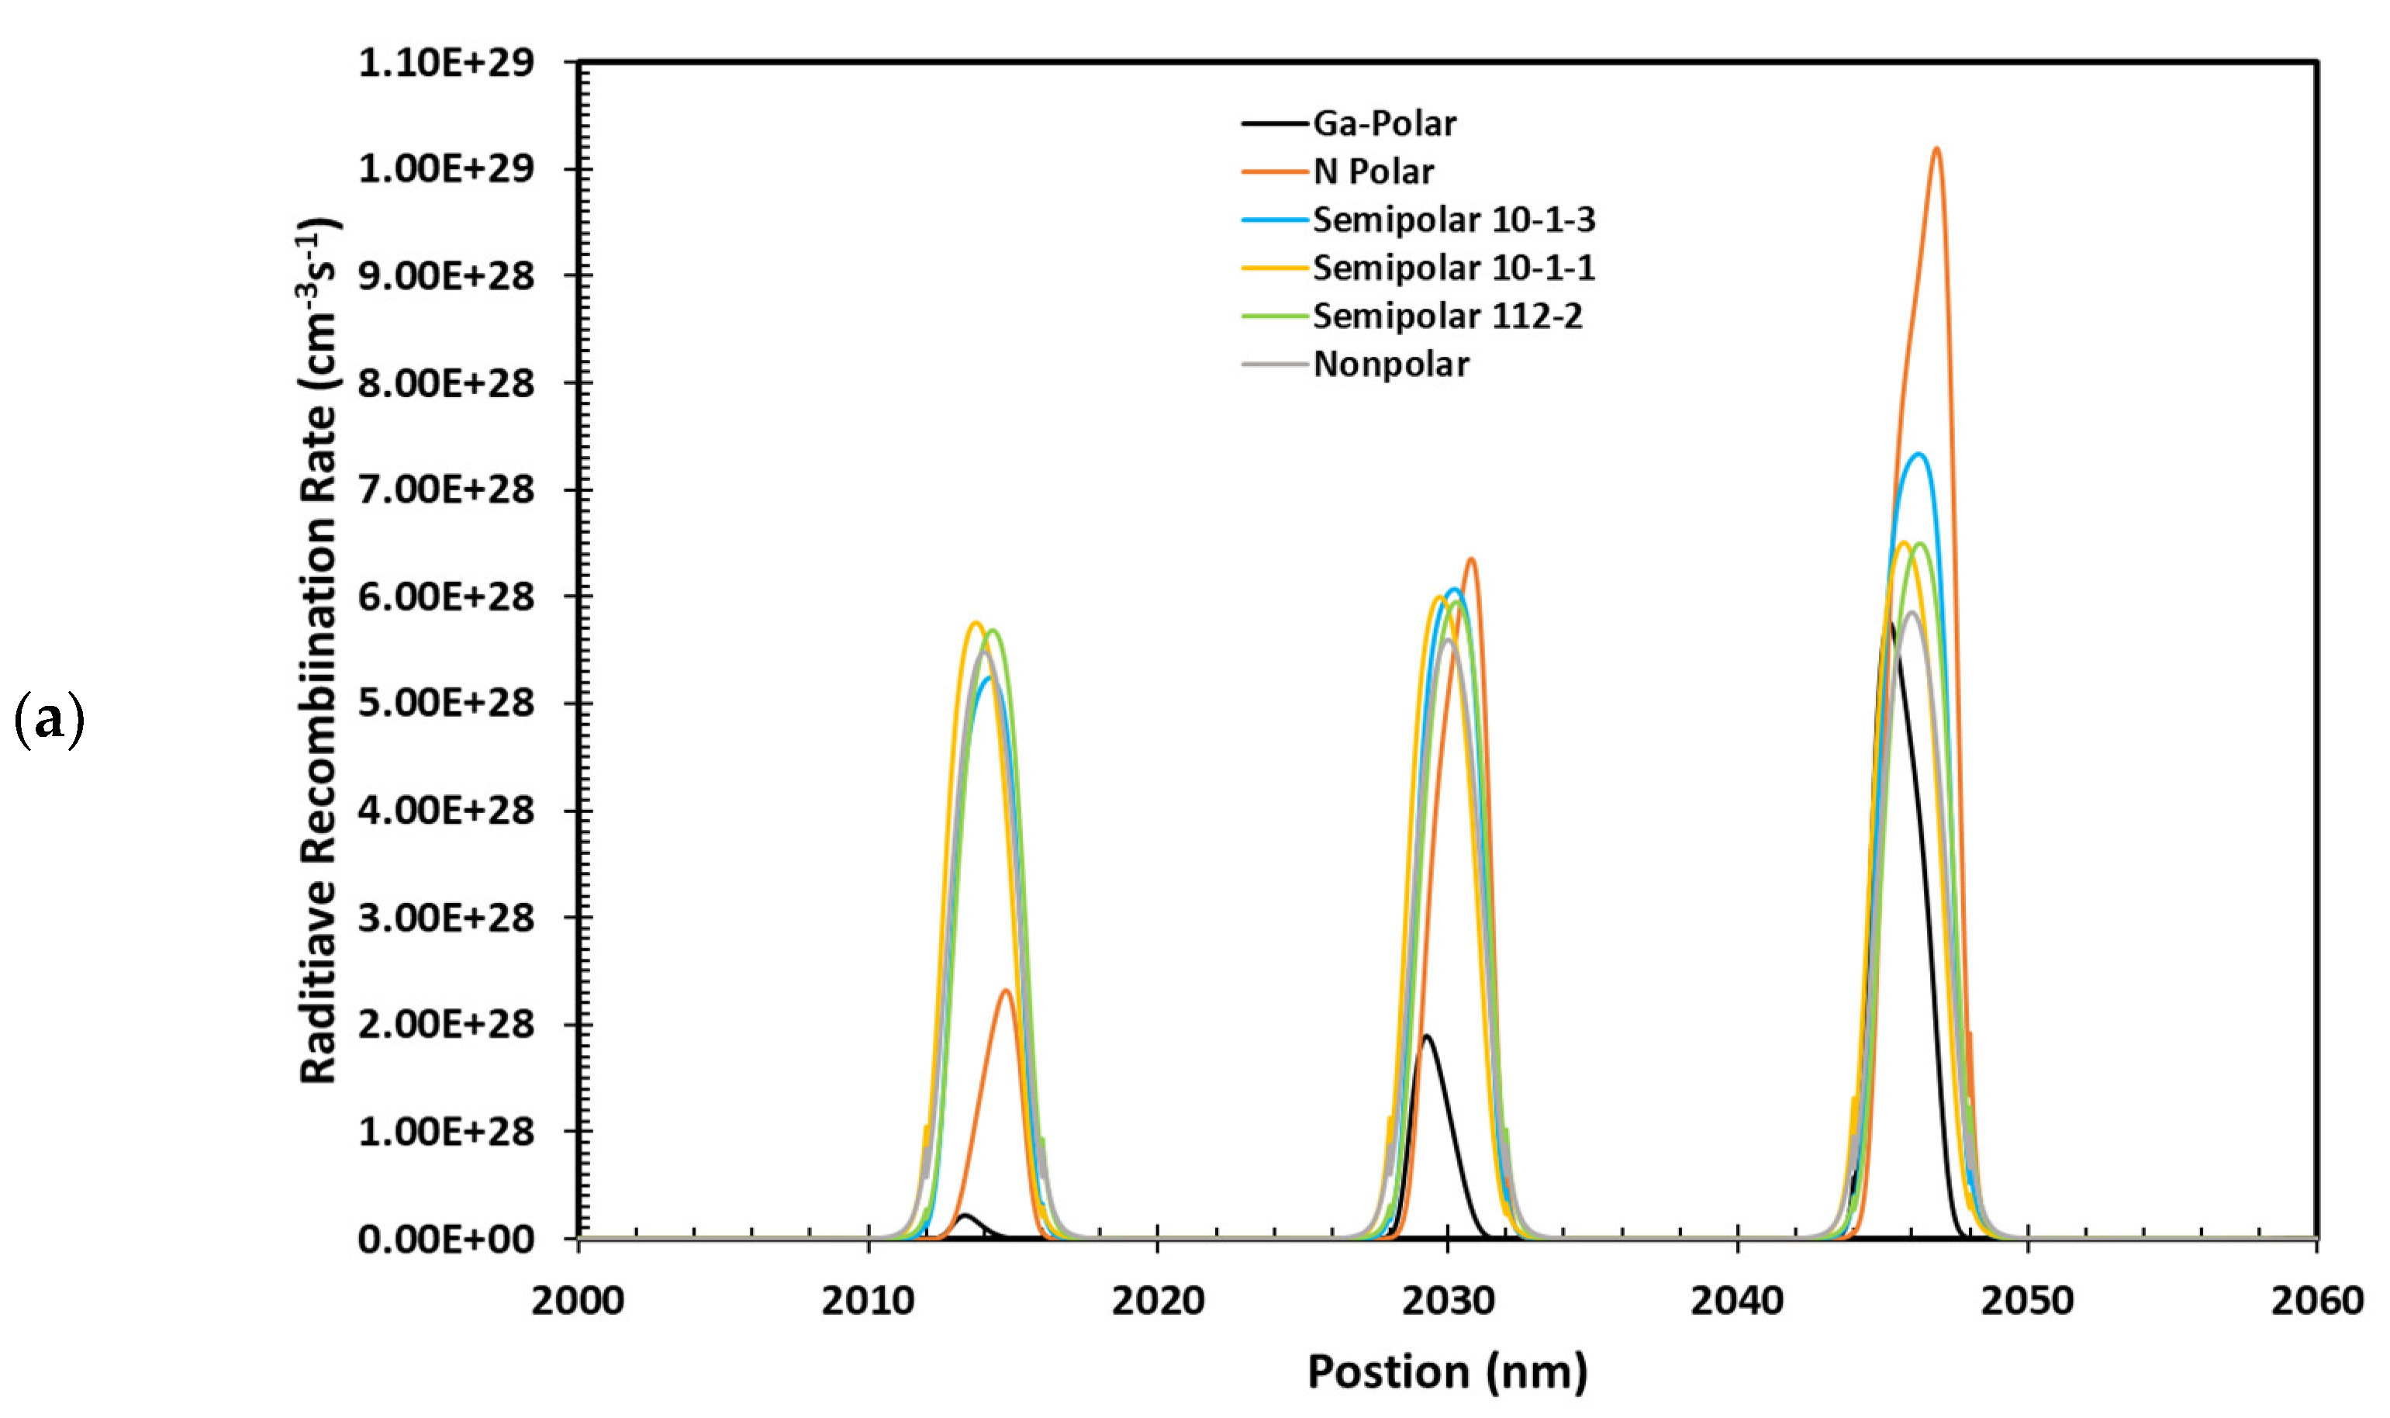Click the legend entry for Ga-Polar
[x=1384, y=123]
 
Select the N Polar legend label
[x=1373, y=172]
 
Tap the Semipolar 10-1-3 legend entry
[x=1453, y=220]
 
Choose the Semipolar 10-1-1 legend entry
[x=1453, y=268]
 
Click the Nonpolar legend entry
[x=1391, y=364]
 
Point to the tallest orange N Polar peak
[x=1936, y=150]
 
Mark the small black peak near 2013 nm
[x=965, y=1216]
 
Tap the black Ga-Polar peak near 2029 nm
[x=1426, y=1036]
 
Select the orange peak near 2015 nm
[x=1006, y=991]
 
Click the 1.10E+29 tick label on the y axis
[x=446, y=63]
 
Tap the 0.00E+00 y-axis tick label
[x=446, y=1240]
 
